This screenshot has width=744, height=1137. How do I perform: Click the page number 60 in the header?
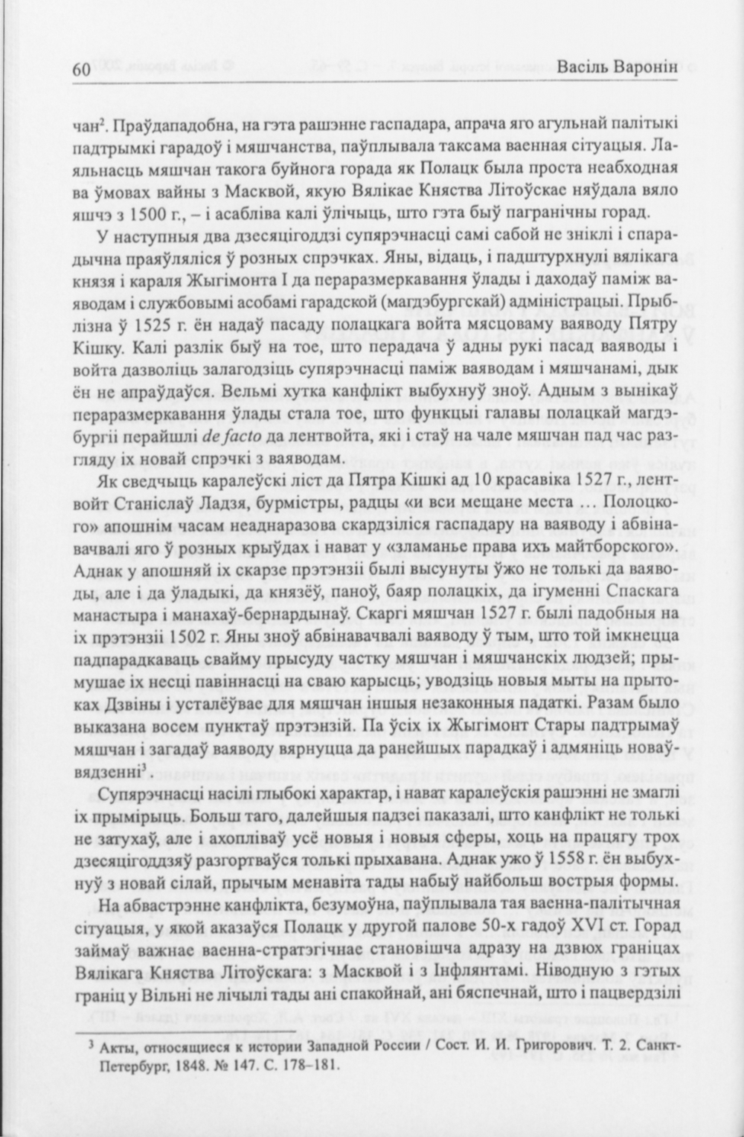[x=80, y=70]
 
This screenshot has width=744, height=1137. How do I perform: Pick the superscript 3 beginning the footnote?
[x=90, y=1043]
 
